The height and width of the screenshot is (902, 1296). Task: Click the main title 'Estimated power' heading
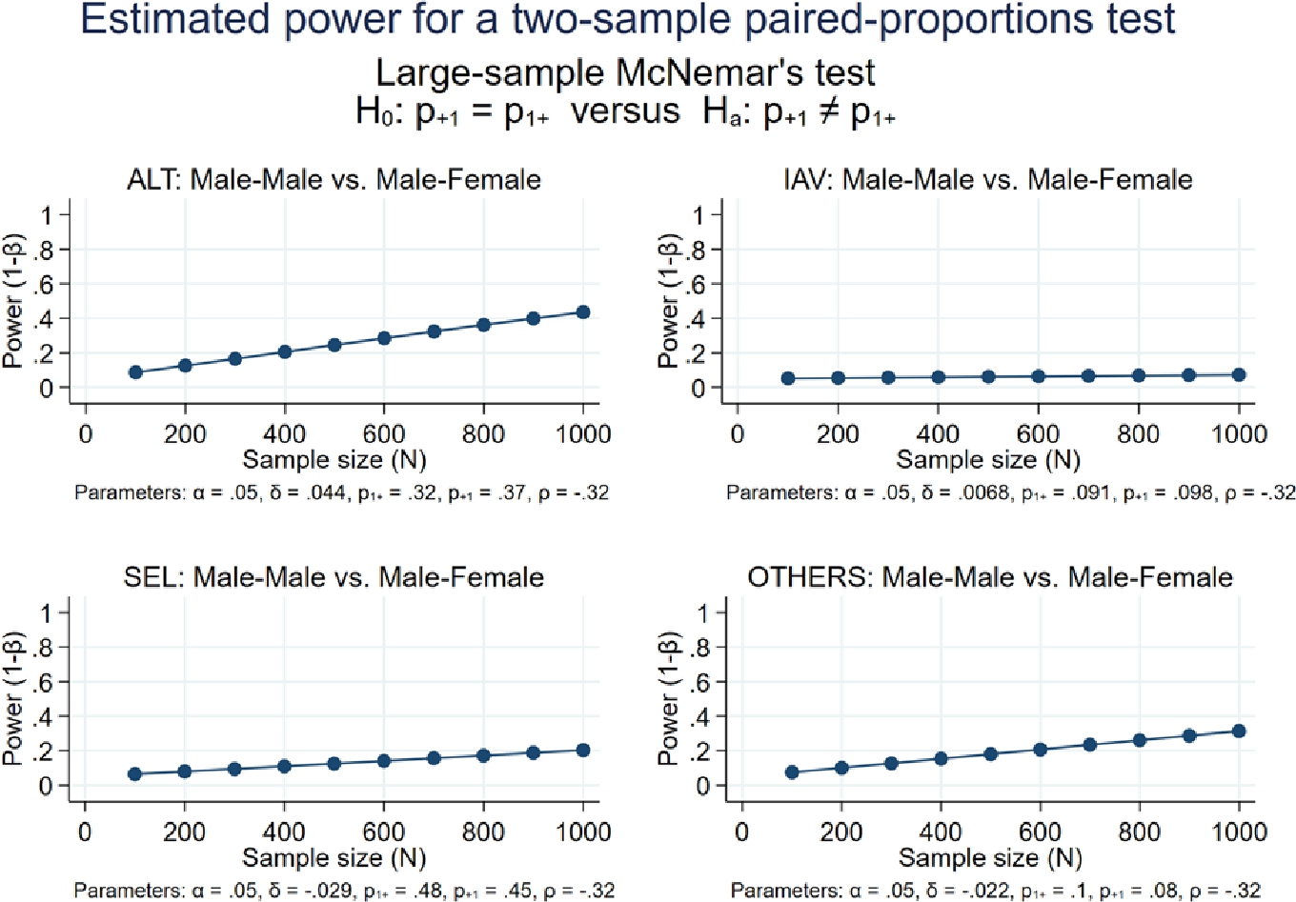pos(628,19)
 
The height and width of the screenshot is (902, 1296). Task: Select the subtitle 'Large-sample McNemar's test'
pos(625,73)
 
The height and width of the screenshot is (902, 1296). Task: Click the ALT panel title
pos(334,179)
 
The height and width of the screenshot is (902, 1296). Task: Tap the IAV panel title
pos(987,179)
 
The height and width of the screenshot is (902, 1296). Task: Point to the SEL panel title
pos(334,577)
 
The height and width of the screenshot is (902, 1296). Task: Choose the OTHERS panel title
pos(990,577)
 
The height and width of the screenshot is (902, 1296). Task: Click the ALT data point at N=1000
pos(582,312)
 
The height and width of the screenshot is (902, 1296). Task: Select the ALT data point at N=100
pos(135,372)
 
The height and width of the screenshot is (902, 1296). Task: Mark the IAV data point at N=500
pos(988,377)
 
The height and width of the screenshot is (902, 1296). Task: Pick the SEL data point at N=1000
pos(582,751)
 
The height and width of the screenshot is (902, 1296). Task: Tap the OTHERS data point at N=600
pos(1040,750)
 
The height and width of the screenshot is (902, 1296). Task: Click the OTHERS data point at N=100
pos(792,772)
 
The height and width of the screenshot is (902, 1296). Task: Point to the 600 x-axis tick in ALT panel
pos(384,434)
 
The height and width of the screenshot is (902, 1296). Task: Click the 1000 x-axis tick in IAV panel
pos(1238,434)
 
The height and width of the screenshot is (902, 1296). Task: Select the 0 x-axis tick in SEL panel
pos(85,832)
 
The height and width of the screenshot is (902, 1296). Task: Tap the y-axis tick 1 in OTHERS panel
pos(704,612)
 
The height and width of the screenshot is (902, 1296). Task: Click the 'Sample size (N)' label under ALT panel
pos(334,460)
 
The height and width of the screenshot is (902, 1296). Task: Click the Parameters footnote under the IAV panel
pos(1010,492)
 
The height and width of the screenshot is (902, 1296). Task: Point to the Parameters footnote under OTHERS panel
pos(996,891)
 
